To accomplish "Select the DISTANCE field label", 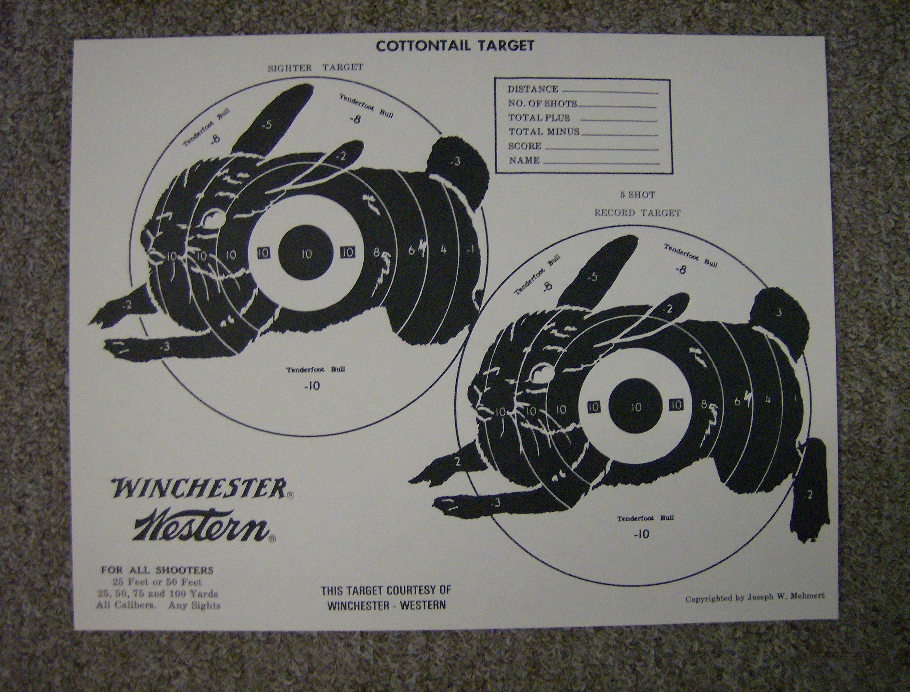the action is click(533, 89).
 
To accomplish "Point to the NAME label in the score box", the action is click(524, 161).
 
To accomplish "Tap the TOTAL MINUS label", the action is click(544, 132).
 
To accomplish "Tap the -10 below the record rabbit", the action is click(642, 535).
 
